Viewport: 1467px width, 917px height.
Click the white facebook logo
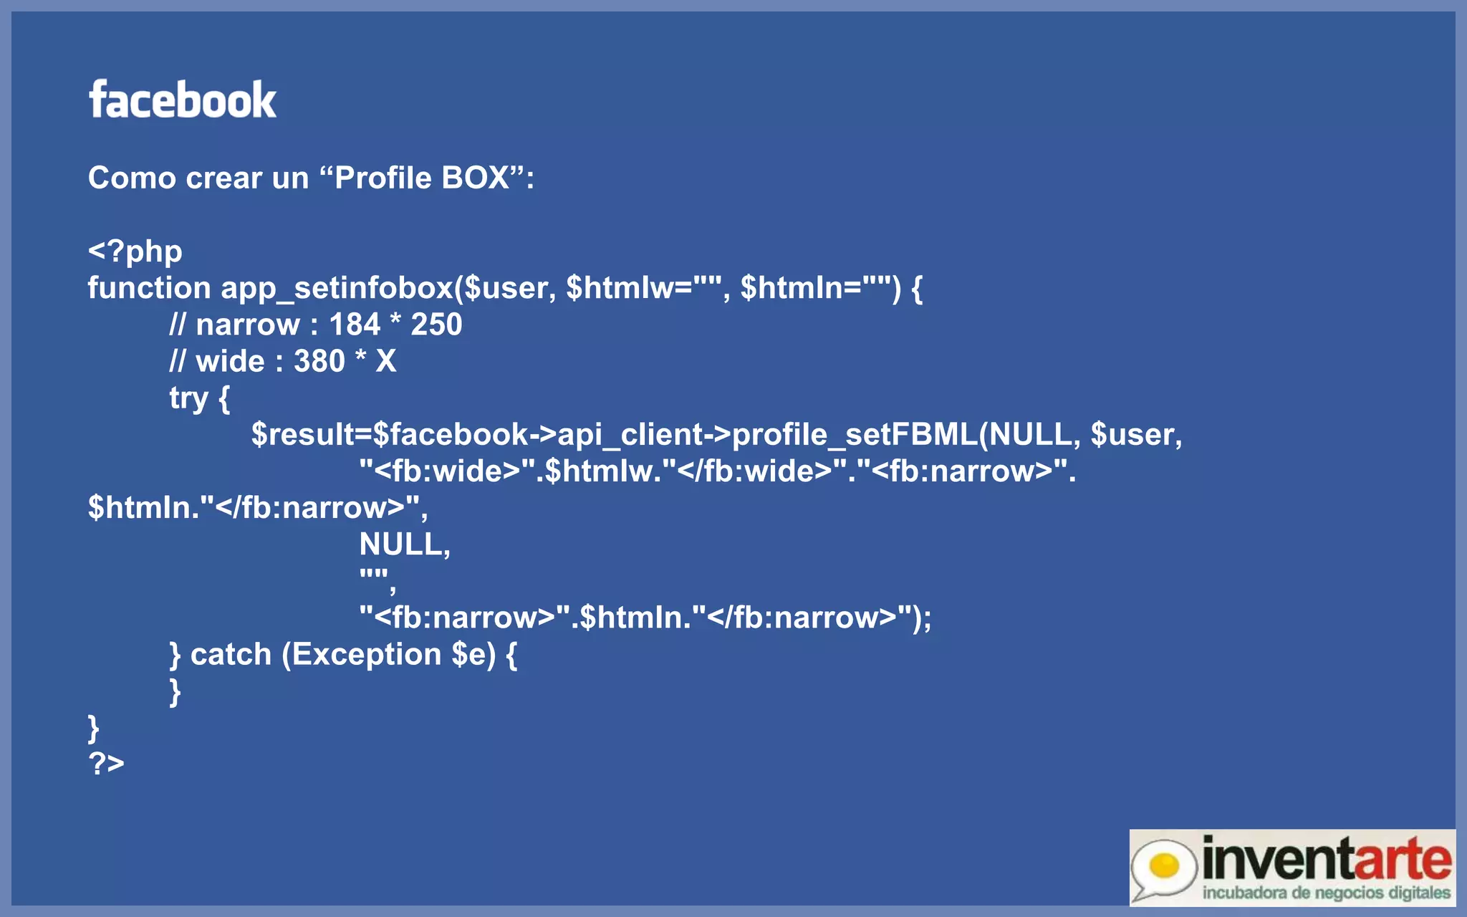click(x=183, y=100)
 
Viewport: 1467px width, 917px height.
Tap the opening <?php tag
click(x=135, y=251)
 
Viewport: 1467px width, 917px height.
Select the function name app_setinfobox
click(x=337, y=288)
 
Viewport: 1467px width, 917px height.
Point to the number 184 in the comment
click(x=355, y=325)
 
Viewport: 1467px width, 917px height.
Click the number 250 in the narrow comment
click(x=436, y=325)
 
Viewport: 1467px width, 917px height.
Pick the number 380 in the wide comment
click(x=319, y=361)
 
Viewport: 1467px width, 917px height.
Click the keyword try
click(x=188, y=398)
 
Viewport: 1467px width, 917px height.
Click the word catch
click(x=231, y=654)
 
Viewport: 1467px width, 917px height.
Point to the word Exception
click(x=366, y=654)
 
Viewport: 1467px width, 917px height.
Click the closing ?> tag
click(x=106, y=764)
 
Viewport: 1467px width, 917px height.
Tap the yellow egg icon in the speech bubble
click(x=1163, y=865)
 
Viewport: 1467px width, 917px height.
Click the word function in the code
click(x=149, y=288)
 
